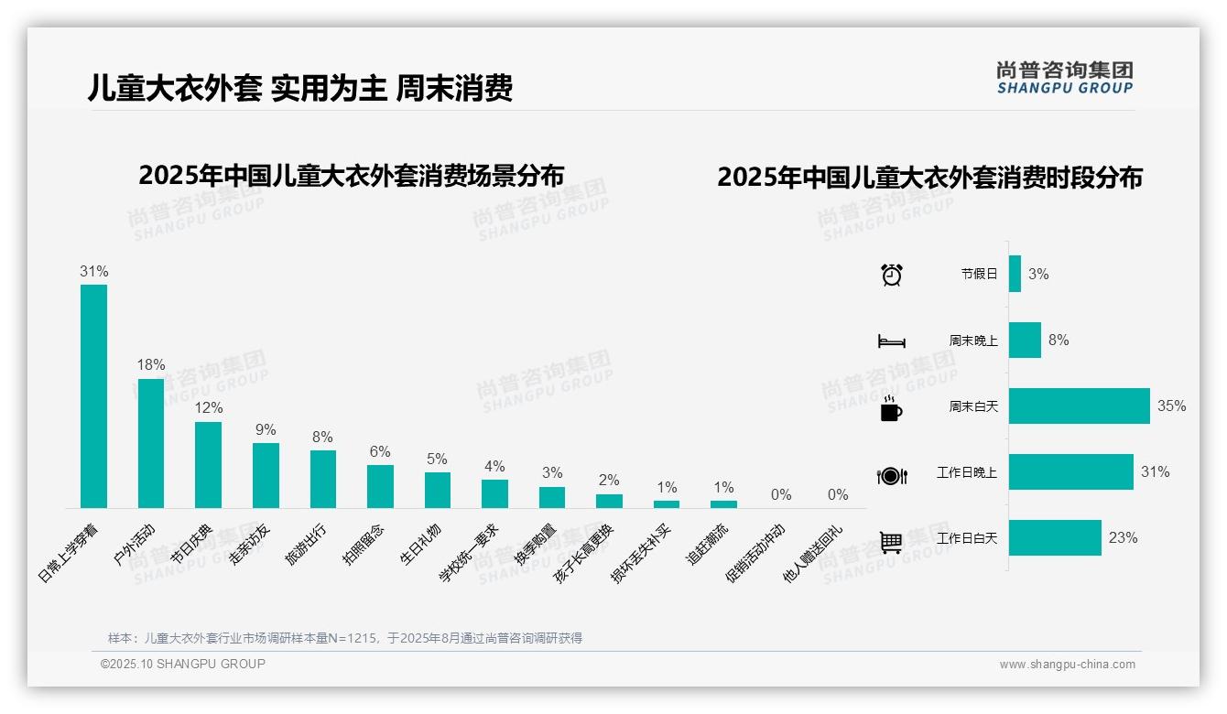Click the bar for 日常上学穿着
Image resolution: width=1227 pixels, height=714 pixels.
pyautogui.click(x=93, y=395)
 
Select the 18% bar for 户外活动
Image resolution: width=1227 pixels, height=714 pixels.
pyautogui.click(x=151, y=443)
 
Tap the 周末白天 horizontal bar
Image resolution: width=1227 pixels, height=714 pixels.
pyautogui.click(x=1079, y=406)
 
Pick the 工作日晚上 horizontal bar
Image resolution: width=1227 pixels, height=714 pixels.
pyautogui.click(x=1070, y=472)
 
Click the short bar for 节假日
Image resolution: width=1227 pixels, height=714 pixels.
pyautogui.click(x=1015, y=274)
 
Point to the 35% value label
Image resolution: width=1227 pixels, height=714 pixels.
pyautogui.click(x=1171, y=406)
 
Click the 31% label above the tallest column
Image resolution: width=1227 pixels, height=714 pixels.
pyautogui.click(x=93, y=272)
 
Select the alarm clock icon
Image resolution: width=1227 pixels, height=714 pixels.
pyautogui.click(x=891, y=275)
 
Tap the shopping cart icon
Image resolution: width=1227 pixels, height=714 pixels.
pyautogui.click(x=891, y=542)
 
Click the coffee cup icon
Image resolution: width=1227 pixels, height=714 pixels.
pyautogui.click(x=891, y=409)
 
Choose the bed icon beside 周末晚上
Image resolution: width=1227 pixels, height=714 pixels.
pyautogui.click(x=891, y=341)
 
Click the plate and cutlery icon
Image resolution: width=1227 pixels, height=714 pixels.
pyautogui.click(x=891, y=475)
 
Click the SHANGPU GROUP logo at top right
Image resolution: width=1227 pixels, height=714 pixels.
pyautogui.click(x=1064, y=78)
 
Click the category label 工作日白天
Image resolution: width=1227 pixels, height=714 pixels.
pyautogui.click(x=966, y=538)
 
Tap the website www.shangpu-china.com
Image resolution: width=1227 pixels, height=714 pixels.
pyautogui.click(x=1067, y=665)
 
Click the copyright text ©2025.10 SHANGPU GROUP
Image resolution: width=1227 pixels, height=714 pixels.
pyautogui.click(x=183, y=664)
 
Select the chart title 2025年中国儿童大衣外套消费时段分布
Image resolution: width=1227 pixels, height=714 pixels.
pyautogui.click(x=929, y=178)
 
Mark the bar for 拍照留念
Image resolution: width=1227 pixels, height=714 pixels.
pyautogui.click(x=380, y=486)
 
